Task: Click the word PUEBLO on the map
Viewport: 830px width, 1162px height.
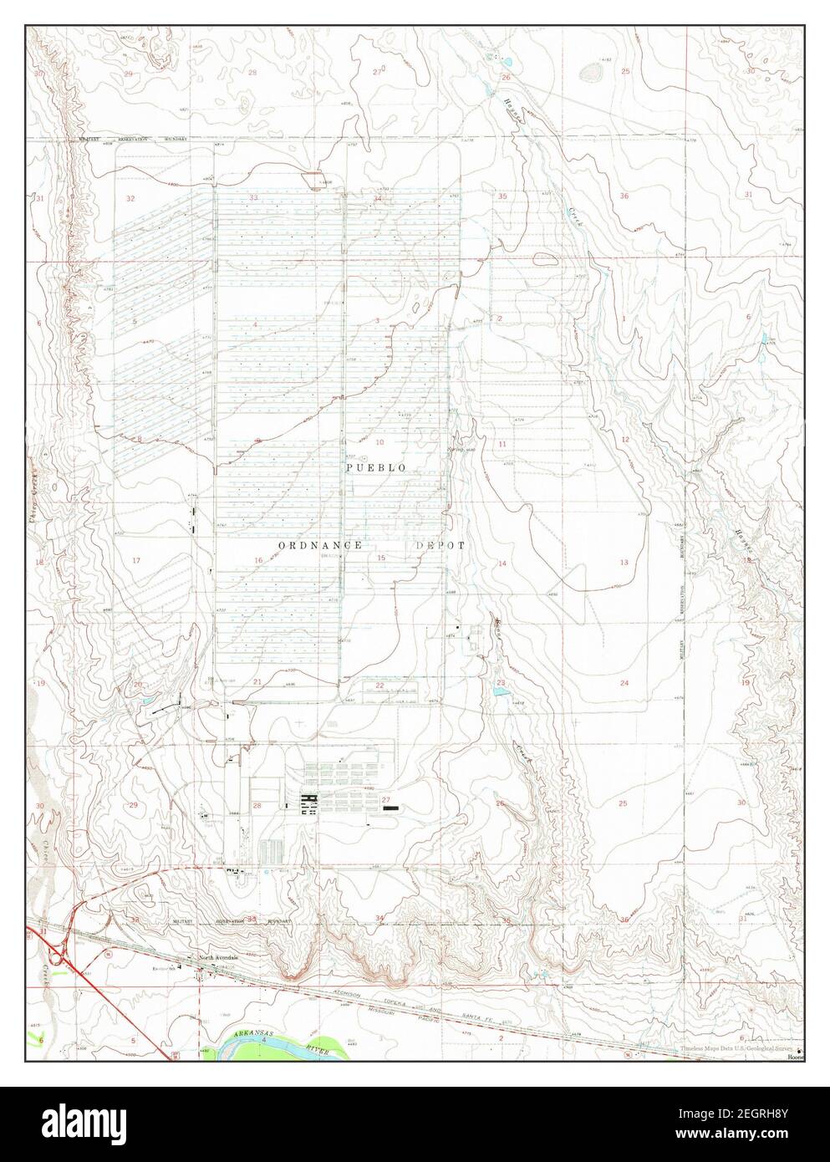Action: (376, 468)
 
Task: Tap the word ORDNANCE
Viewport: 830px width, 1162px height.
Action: (320, 544)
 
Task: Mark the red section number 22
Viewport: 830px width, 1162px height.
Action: (379, 685)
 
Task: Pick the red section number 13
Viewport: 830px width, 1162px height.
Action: (624, 563)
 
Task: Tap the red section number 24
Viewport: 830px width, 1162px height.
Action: (624, 684)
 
